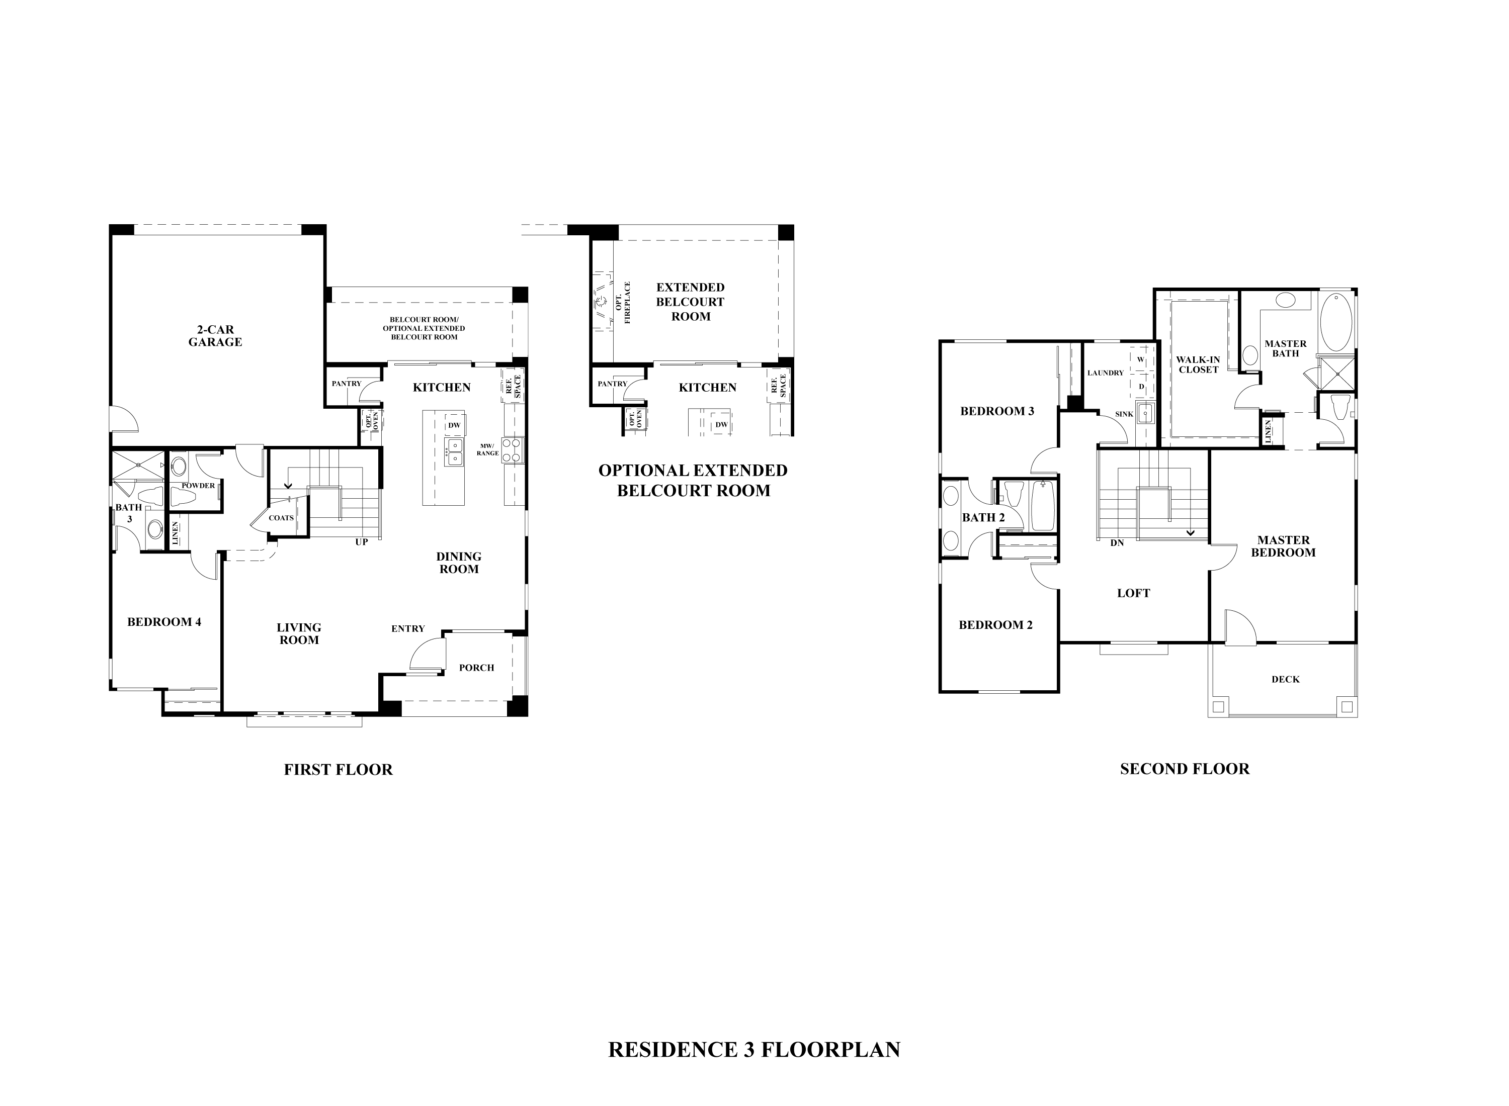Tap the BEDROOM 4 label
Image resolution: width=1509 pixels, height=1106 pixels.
click(164, 622)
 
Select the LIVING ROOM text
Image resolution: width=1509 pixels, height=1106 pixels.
click(299, 633)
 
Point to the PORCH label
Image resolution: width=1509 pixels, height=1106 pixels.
click(476, 668)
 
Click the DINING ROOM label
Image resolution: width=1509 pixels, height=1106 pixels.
click(459, 563)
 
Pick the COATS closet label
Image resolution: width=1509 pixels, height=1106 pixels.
click(281, 517)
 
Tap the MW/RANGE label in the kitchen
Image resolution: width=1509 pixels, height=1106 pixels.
click(487, 449)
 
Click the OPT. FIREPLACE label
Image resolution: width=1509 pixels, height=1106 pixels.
click(623, 303)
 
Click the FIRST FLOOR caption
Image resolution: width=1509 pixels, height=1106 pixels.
click(338, 769)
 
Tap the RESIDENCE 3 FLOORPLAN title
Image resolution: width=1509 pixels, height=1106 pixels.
click(754, 1049)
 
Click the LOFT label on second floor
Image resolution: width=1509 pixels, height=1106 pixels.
click(1133, 593)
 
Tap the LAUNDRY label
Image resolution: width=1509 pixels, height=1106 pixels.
click(1105, 373)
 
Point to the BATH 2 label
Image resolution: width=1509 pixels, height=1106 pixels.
click(983, 517)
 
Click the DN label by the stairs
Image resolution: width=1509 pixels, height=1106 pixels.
click(1117, 543)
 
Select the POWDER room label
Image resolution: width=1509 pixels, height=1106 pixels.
click(198, 485)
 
